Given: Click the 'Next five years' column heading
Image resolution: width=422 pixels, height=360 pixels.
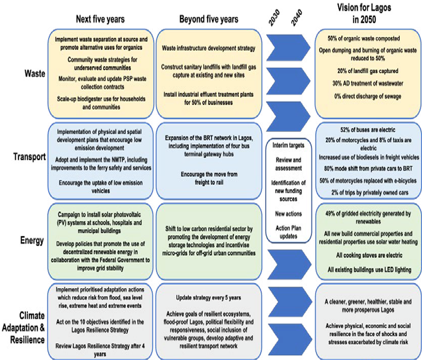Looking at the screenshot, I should coord(101,20).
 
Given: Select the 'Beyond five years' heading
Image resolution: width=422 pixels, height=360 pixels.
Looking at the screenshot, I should coord(209,20).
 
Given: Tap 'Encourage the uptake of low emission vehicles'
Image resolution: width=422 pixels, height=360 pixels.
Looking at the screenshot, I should coord(101,186).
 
